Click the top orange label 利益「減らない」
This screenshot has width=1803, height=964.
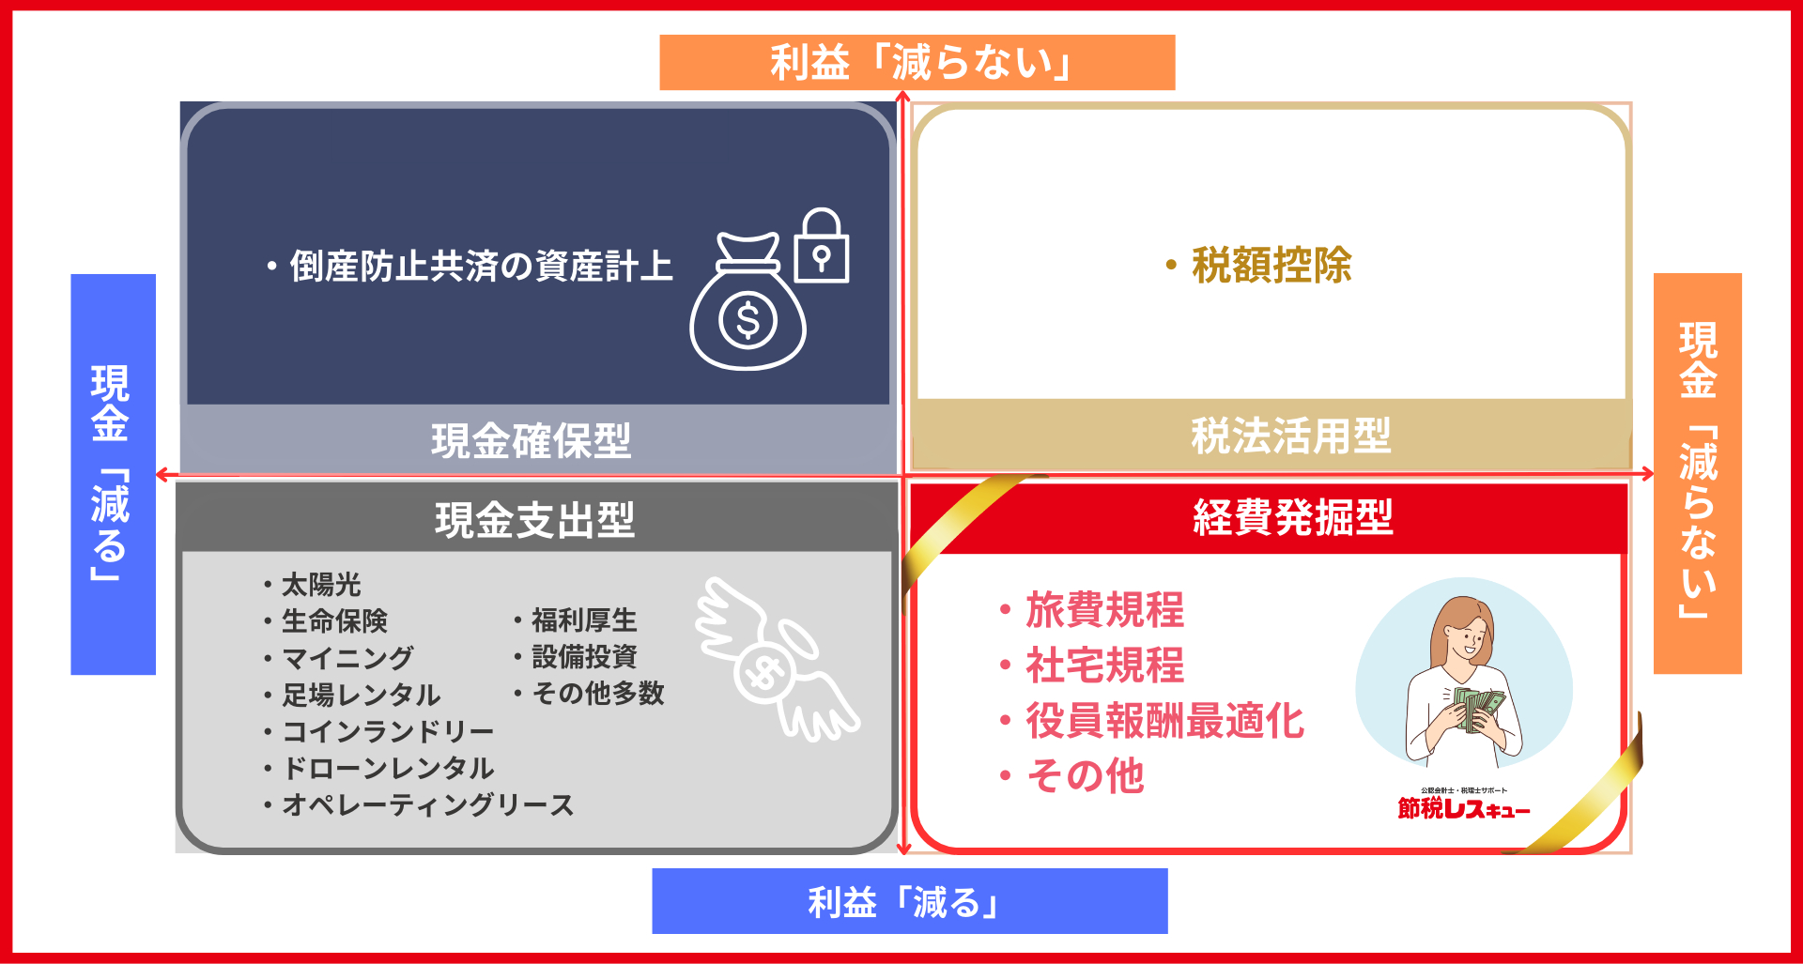917,63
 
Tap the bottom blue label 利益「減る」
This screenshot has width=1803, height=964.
909,901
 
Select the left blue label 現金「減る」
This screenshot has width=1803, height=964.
113,474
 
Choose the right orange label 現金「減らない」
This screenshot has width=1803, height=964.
1697,472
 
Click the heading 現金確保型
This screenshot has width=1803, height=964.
532,440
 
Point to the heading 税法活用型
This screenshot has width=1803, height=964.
1291,436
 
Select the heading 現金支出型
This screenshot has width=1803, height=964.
534,519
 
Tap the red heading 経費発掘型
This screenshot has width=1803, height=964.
1293,517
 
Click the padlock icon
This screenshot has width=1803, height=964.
822,247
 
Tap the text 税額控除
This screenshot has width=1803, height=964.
1271,266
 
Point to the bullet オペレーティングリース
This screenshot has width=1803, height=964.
427,805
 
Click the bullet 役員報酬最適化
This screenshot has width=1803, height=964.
1164,721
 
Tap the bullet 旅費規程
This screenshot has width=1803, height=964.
1104,610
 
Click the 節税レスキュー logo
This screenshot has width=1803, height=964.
1464,806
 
